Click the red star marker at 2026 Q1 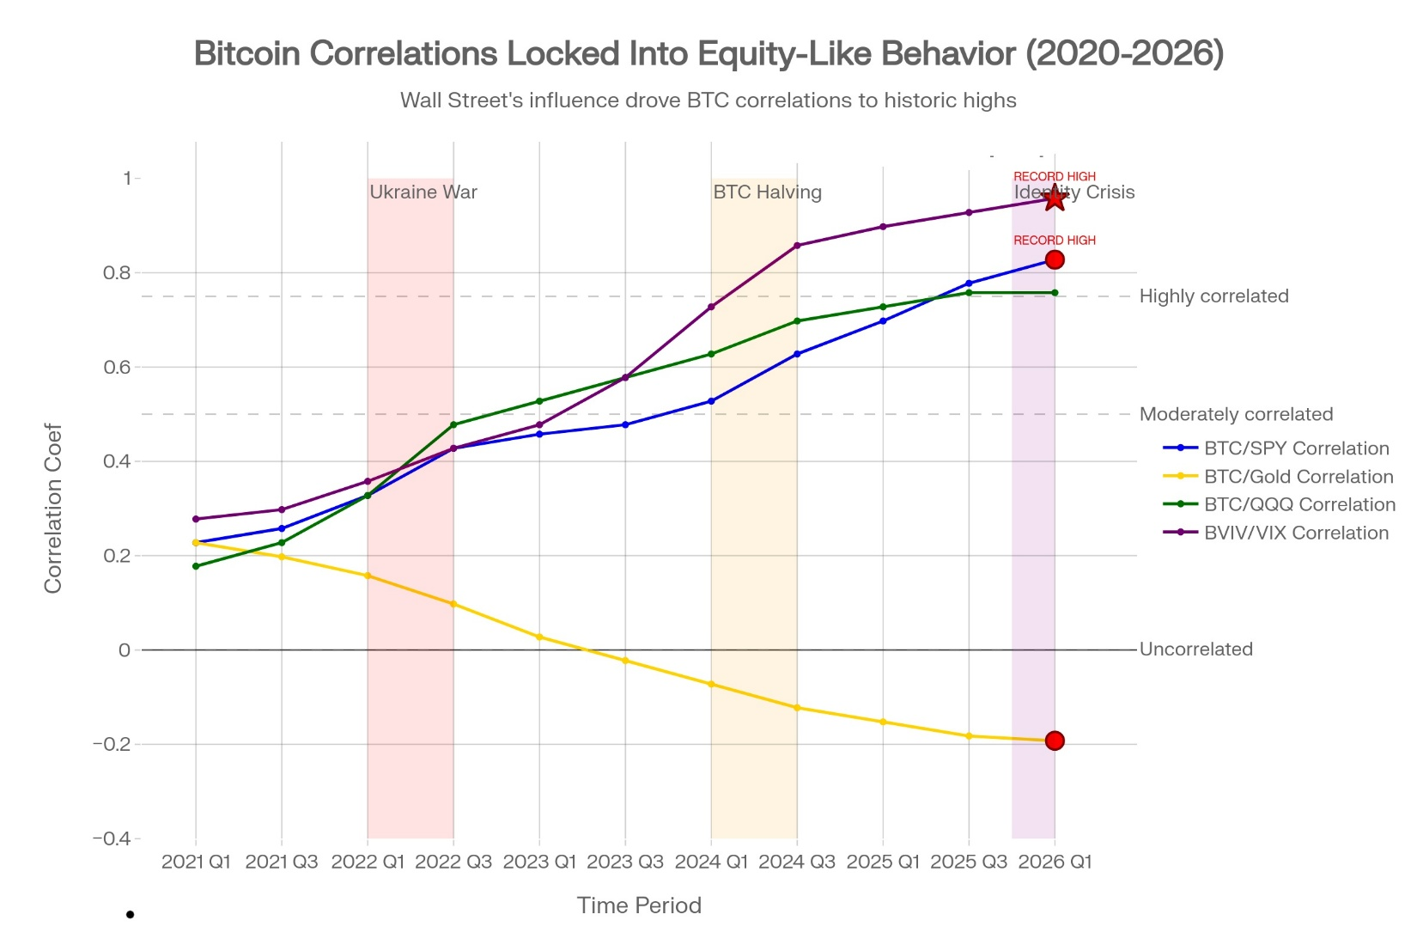pos(1055,198)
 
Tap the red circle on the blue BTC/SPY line pos(1055,259)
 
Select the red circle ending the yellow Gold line pos(1055,741)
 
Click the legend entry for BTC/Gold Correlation pos(1298,477)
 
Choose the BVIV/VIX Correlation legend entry pos(1295,533)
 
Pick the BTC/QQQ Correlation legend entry pos(1298,504)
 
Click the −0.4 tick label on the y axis pos(112,838)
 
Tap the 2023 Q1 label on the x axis pos(539,862)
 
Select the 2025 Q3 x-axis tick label pos(969,862)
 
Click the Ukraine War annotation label pos(423,192)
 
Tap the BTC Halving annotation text pos(767,192)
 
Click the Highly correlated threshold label pos(1213,296)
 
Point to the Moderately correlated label pos(1236,414)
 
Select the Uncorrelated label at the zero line pos(1195,649)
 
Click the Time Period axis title pos(639,905)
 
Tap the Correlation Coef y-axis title pos(53,508)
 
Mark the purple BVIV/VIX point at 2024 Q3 pos(797,246)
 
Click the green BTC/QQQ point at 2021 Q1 pos(196,566)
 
